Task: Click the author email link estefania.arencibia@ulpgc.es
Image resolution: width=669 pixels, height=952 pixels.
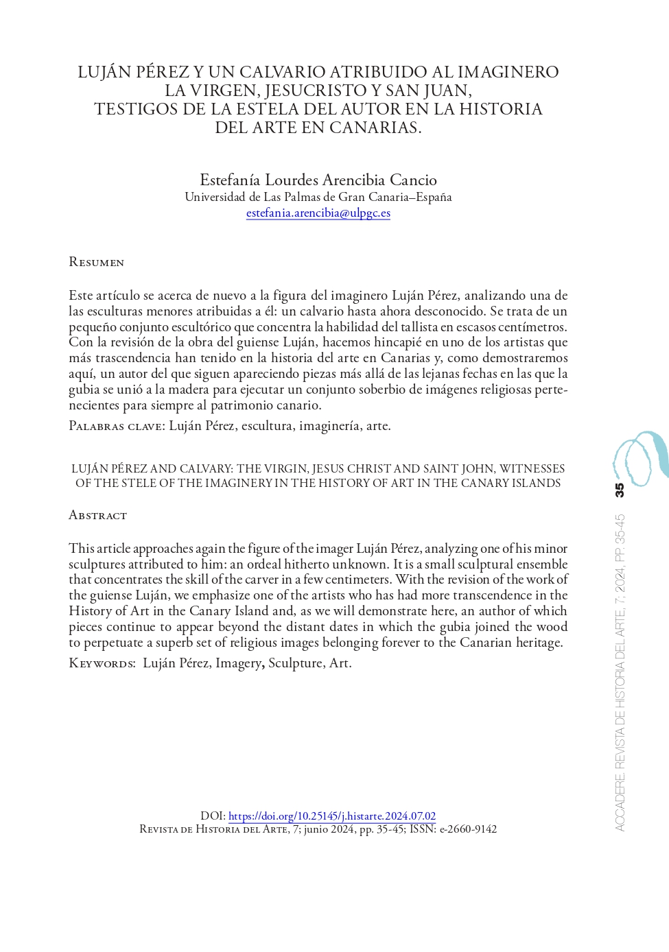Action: coord(318,213)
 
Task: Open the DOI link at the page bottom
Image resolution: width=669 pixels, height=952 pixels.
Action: coord(332,816)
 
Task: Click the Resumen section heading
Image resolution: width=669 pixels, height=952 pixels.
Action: coord(97,262)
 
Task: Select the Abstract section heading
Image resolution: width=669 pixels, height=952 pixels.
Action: coord(98,515)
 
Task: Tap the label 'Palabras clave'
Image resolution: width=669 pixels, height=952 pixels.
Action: coord(116,426)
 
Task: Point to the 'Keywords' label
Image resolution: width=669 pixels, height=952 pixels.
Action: coord(102,663)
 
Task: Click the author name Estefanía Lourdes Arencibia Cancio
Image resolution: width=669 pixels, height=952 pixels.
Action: coord(318,180)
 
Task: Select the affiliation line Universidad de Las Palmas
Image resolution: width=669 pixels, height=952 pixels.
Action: coord(318,198)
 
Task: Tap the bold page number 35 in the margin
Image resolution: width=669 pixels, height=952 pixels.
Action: coord(620,490)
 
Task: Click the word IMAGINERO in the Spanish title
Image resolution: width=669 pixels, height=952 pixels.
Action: coord(508,72)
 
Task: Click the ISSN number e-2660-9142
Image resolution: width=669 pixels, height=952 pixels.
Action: coord(468,829)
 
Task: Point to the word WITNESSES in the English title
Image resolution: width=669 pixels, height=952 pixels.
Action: coord(532,469)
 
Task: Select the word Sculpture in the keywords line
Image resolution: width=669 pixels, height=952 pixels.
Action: coord(295,663)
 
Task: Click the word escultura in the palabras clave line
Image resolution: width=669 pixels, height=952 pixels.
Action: coord(266,426)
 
